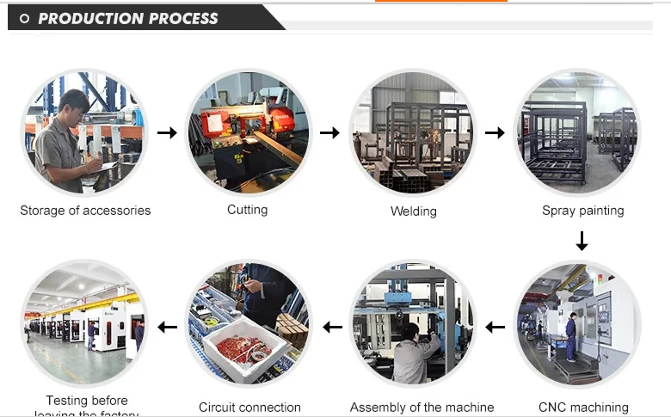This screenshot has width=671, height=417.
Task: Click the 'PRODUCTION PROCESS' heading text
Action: tap(128, 18)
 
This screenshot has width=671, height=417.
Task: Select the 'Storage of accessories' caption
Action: tap(85, 210)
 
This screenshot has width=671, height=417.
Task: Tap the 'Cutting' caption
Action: tap(247, 209)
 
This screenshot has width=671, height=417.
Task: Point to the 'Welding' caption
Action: tap(414, 211)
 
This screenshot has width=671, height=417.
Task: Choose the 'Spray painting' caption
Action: tap(582, 210)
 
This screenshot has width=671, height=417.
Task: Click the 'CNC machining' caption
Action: tap(583, 407)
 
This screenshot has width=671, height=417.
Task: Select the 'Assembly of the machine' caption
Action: tap(422, 407)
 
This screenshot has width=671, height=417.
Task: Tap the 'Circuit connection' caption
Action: tap(249, 407)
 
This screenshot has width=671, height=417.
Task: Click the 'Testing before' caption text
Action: tap(86, 400)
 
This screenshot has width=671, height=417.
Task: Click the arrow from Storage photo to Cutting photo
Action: tap(167, 132)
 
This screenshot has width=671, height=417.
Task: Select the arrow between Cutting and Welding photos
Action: tap(329, 132)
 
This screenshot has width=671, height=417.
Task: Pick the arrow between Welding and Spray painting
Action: tap(495, 132)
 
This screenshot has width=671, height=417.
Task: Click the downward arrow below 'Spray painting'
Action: tap(582, 241)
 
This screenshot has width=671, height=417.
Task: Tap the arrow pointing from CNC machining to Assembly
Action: tap(495, 327)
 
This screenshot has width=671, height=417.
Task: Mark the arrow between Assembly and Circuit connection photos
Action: tap(332, 327)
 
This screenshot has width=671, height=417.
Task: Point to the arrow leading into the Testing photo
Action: tap(167, 327)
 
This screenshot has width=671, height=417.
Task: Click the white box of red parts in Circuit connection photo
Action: tap(243, 349)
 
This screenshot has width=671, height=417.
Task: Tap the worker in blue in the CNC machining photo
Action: tap(571, 335)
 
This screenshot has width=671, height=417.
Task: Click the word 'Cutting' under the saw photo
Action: tap(247, 209)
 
